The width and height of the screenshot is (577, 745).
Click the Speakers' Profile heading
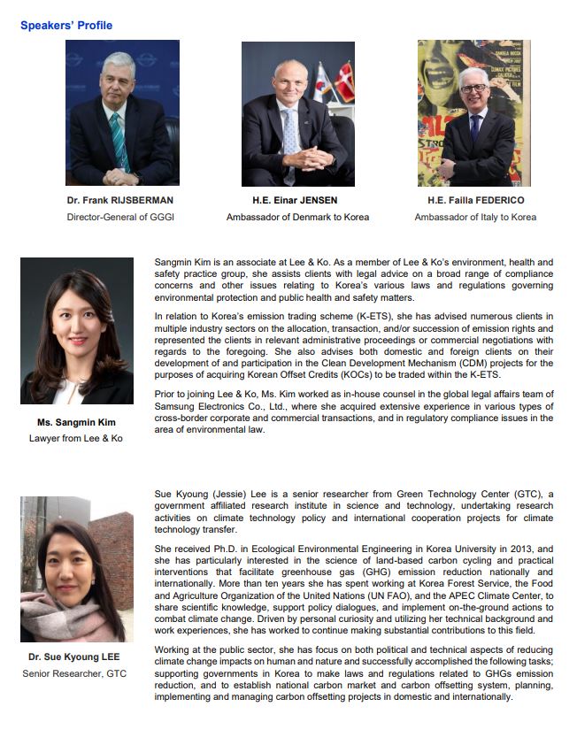[66, 26]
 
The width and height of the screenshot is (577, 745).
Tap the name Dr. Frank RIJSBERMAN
[121, 201]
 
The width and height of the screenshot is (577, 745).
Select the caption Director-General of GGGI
[121, 217]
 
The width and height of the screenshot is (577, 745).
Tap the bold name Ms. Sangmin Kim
[76, 422]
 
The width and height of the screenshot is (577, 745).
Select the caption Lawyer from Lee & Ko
[76, 438]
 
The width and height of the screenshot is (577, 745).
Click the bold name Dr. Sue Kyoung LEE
[76, 657]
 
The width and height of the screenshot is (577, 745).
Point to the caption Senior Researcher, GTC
[76, 673]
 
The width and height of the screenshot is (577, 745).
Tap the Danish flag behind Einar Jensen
[342, 84]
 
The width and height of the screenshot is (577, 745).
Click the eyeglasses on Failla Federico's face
[473, 88]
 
